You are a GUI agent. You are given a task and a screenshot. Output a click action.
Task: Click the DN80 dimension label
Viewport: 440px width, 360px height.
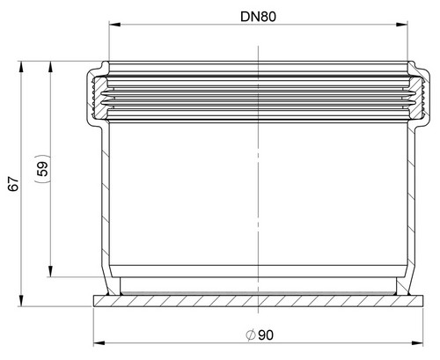(x=258, y=17)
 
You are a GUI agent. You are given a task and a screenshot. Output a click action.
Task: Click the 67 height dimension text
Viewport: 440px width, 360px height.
(x=13, y=184)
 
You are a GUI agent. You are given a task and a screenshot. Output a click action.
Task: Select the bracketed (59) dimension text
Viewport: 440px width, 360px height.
(x=43, y=169)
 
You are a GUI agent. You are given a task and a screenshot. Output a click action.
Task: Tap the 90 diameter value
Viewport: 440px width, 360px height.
(x=266, y=335)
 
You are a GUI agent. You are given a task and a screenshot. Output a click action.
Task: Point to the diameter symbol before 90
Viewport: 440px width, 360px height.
(x=251, y=335)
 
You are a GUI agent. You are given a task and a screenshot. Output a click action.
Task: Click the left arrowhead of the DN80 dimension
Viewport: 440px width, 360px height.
(x=114, y=25)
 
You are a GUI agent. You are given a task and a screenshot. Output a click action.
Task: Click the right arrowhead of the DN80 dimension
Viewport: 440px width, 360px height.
(x=401, y=25)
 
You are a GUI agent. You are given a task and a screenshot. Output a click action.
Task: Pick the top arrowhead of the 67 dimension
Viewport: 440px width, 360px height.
(x=21, y=67)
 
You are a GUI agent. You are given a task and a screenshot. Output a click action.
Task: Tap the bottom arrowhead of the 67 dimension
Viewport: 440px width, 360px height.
(x=21, y=300)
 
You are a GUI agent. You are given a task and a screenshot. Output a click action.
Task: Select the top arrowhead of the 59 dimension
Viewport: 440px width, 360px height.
(x=51, y=67)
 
